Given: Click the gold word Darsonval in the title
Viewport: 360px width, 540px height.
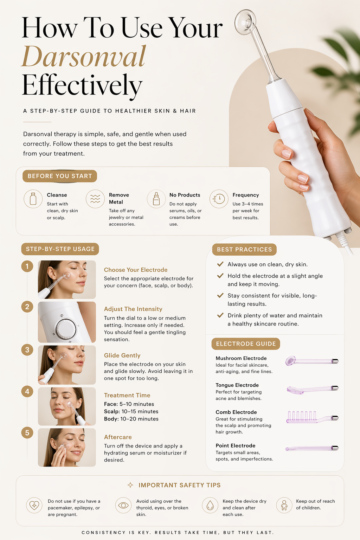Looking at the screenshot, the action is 84,56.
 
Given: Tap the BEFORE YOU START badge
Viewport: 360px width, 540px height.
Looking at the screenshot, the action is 60,176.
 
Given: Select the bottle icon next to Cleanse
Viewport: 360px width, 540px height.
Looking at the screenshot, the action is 33,199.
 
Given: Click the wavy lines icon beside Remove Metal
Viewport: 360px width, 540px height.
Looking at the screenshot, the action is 95,199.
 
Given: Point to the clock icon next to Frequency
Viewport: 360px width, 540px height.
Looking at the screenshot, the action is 219,199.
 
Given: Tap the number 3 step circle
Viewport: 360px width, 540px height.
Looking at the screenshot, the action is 27,350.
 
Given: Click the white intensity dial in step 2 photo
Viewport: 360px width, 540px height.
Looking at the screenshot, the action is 66,329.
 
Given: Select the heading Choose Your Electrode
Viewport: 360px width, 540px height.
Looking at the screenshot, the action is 136,270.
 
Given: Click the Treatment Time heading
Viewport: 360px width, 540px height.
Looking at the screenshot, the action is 127,395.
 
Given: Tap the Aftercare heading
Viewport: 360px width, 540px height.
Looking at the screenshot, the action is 118,437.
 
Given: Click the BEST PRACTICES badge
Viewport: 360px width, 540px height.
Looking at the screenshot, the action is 244,250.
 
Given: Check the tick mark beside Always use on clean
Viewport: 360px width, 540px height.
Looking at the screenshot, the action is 220,264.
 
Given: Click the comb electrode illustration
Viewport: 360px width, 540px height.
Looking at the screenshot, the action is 312,417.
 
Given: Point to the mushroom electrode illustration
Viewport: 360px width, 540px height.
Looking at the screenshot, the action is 312,361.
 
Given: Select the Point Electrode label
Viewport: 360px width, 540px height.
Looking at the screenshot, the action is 235,445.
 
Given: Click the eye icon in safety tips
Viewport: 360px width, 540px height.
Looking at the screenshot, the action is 123,505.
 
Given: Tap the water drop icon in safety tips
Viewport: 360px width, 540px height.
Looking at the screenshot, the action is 210,505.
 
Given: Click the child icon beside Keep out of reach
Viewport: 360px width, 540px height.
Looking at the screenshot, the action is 284,505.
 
